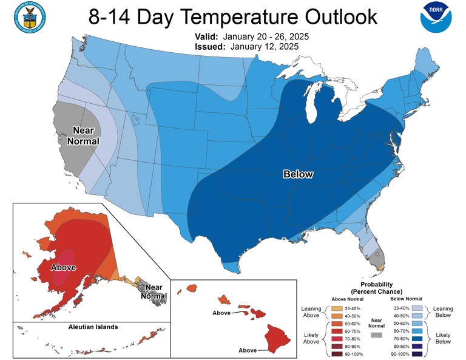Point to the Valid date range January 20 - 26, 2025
click(x=266, y=37)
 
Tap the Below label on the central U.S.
click(x=298, y=174)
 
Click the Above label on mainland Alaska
click(x=63, y=267)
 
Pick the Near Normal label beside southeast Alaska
click(x=154, y=291)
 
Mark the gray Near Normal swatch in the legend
click(x=376, y=335)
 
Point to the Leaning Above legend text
click(x=311, y=311)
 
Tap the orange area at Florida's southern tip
click(x=380, y=266)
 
